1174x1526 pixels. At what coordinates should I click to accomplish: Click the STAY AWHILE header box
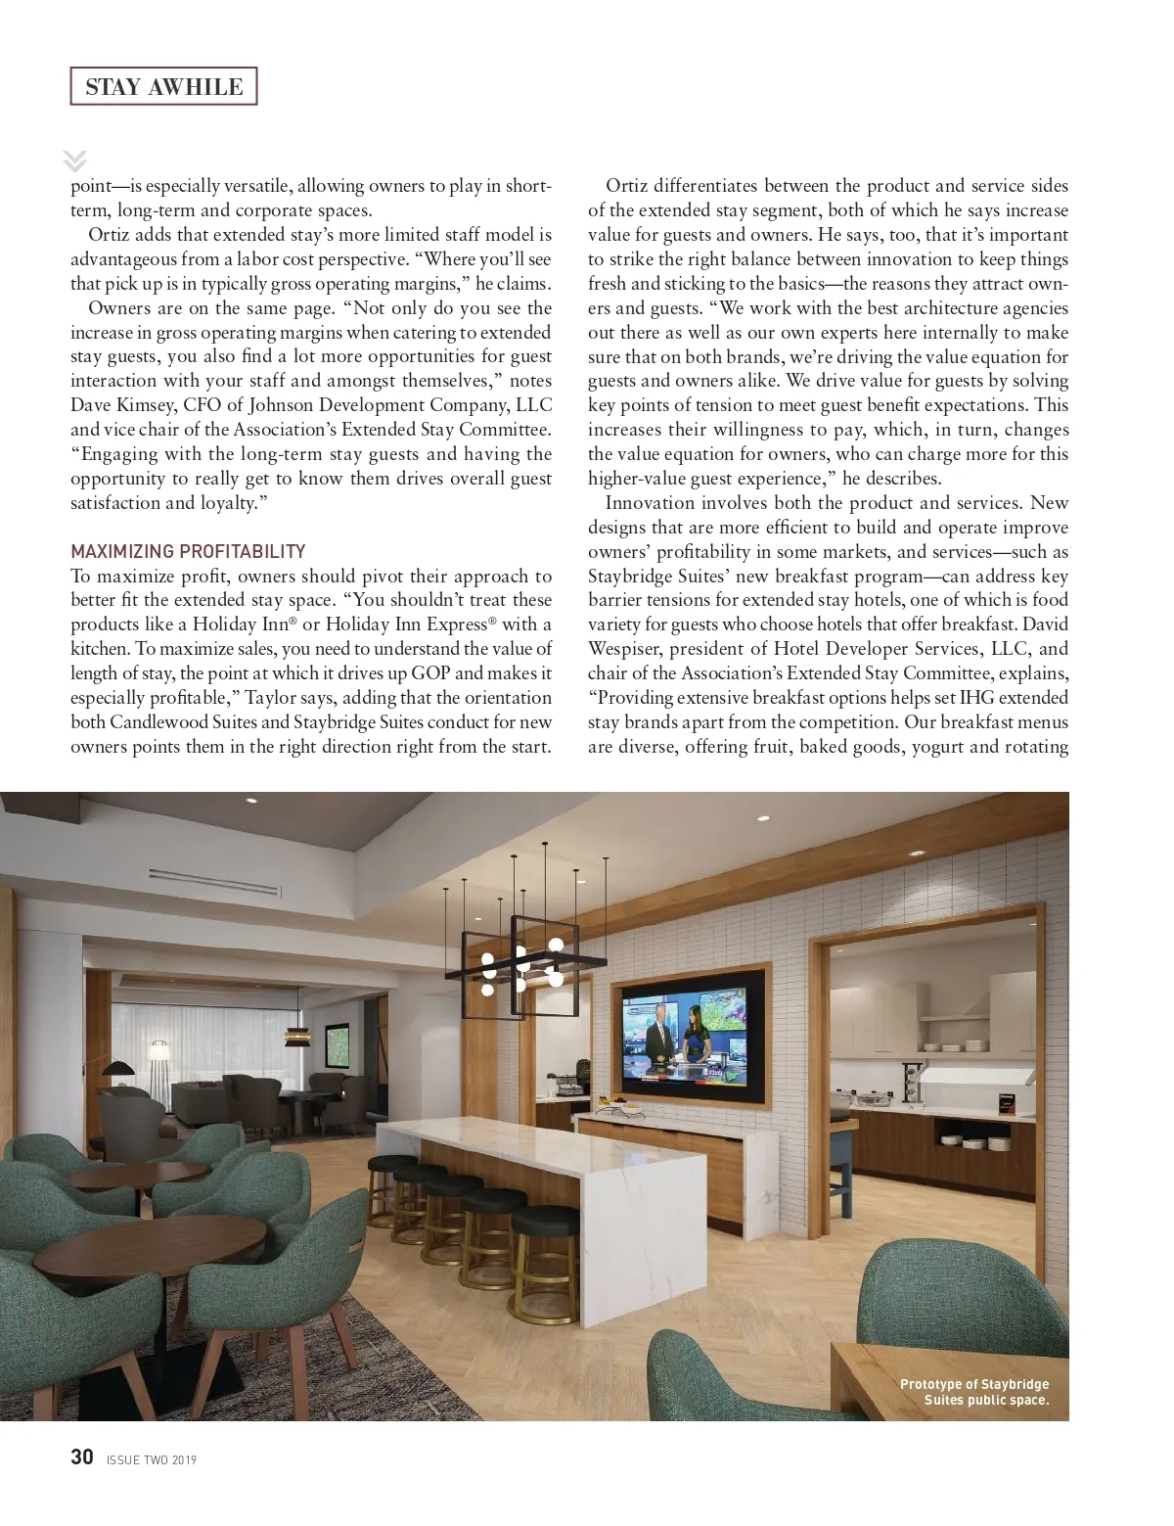coord(163,86)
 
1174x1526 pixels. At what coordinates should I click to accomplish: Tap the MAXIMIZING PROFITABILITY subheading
coord(188,551)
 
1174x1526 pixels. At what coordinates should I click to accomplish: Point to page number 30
coord(82,1457)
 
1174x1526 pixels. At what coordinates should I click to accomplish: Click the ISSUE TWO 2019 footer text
coord(152,1460)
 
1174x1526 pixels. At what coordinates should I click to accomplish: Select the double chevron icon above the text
coord(74,162)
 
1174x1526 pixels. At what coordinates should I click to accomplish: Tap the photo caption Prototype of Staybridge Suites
coord(974,1392)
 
